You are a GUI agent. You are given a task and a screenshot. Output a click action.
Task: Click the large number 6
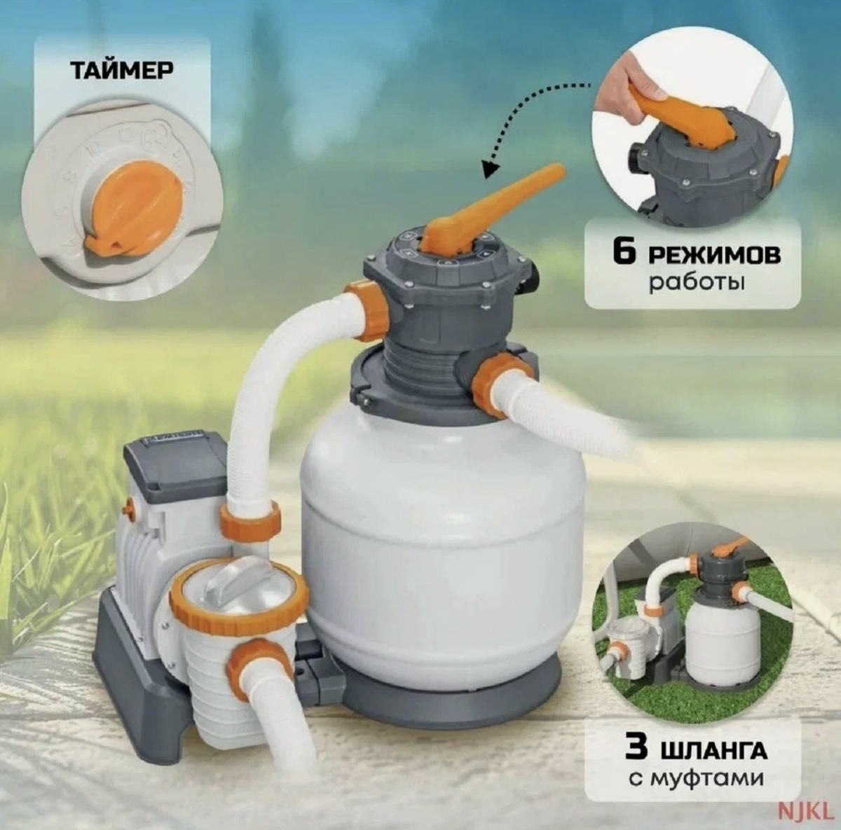pos(624,254)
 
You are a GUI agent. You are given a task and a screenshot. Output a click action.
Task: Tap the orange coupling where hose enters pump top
pos(250,521)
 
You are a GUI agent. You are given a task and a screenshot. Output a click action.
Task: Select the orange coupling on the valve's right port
pos(502,379)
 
